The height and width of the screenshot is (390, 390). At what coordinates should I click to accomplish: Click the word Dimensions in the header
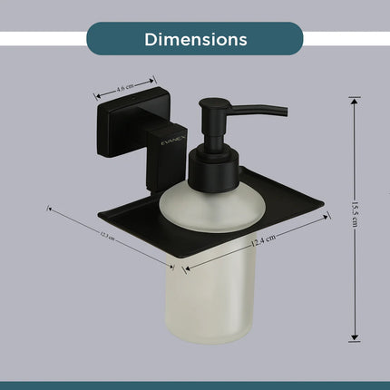195,40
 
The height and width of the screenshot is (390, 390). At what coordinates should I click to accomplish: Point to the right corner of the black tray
327,212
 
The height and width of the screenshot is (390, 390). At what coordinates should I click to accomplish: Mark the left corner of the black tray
101,216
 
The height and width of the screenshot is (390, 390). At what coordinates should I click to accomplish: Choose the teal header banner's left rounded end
94,39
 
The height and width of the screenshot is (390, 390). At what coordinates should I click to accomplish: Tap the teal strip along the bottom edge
195,385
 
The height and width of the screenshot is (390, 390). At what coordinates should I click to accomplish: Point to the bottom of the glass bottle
212,340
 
